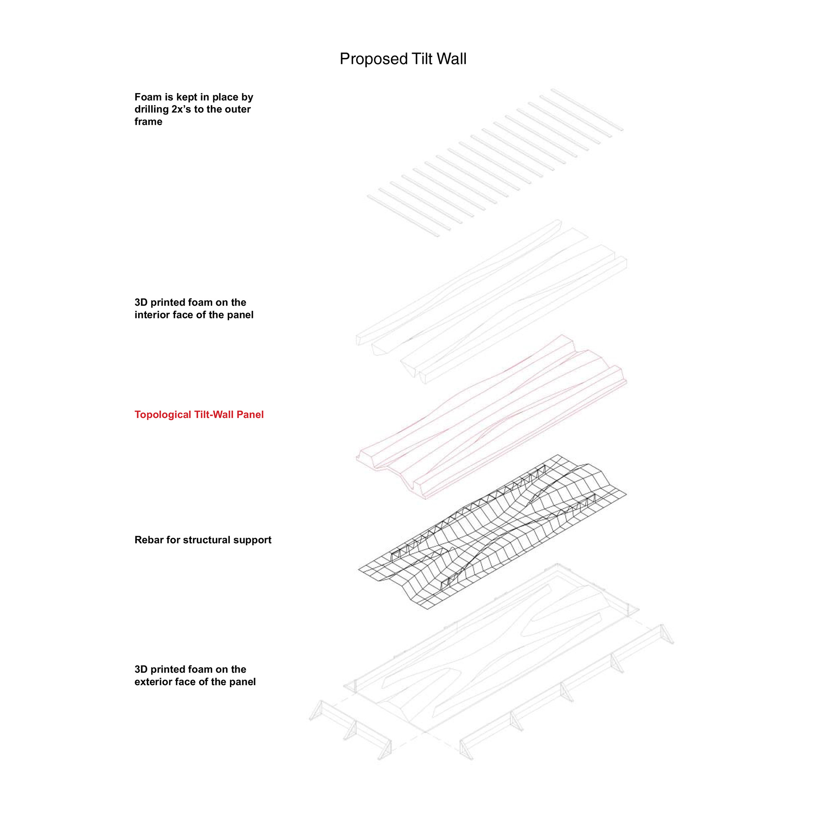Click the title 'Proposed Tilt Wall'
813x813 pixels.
click(403, 59)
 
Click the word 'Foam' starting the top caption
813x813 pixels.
click(148, 97)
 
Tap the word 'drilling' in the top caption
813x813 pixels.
click(152, 110)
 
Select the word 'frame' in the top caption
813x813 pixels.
click(148, 122)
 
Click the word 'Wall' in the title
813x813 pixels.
click(452, 59)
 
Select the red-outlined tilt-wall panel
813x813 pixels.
click(491, 417)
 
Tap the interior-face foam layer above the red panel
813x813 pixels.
click(491, 301)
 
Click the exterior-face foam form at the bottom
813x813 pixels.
click(491, 661)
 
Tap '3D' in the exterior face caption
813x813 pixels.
click(141, 669)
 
